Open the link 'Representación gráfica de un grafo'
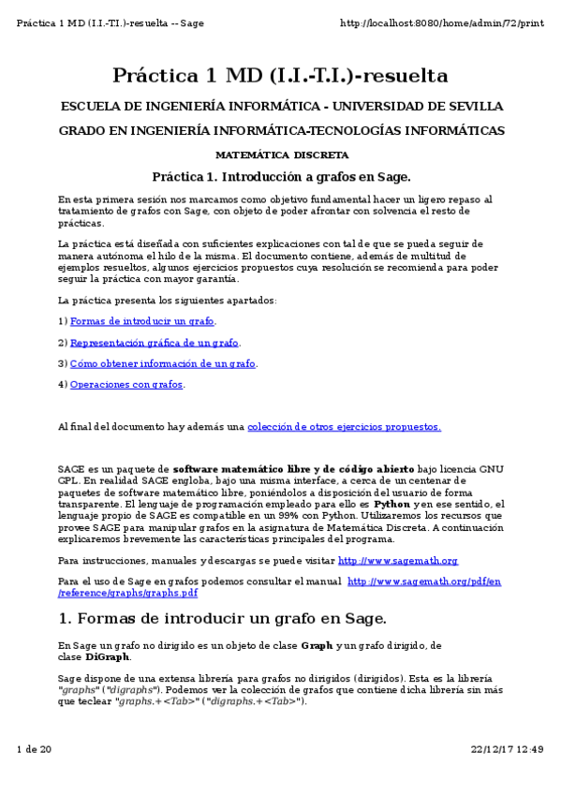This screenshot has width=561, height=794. click(x=155, y=343)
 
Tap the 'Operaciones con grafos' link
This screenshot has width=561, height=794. click(x=126, y=385)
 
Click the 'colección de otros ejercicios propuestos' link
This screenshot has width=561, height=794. click(x=344, y=427)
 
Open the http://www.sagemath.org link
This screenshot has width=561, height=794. click(x=397, y=561)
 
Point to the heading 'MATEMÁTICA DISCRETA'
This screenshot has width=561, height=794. click(x=282, y=154)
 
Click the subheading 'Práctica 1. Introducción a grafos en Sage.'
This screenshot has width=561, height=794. click(x=281, y=176)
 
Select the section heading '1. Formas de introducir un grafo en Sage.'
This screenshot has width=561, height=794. click(x=222, y=618)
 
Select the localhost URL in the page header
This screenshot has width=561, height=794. click(x=441, y=22)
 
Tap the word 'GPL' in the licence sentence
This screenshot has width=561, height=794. click(x=68, y=481)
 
